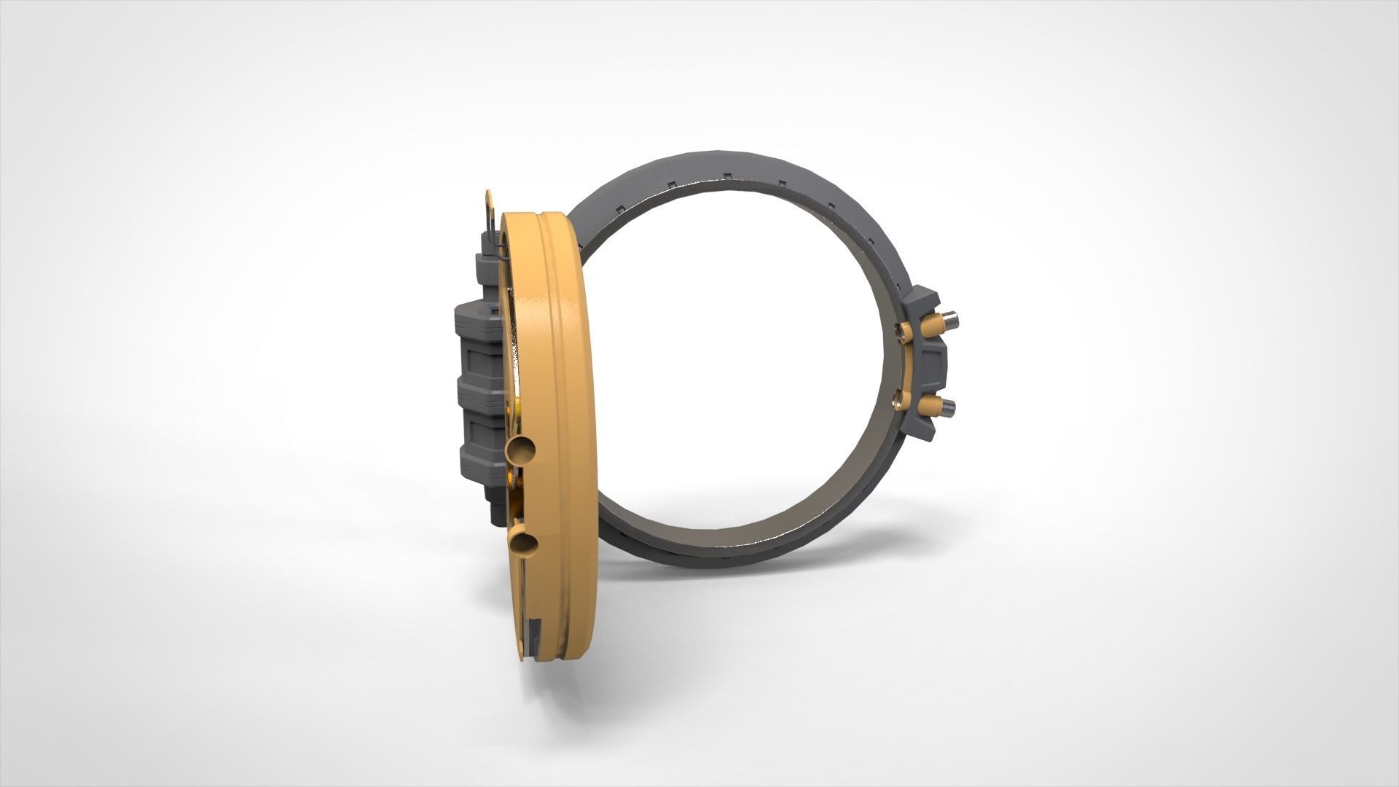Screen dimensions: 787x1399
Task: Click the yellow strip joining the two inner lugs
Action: [x=907, y=364]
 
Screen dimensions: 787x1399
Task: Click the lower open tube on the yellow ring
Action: [x=524, y=544]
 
